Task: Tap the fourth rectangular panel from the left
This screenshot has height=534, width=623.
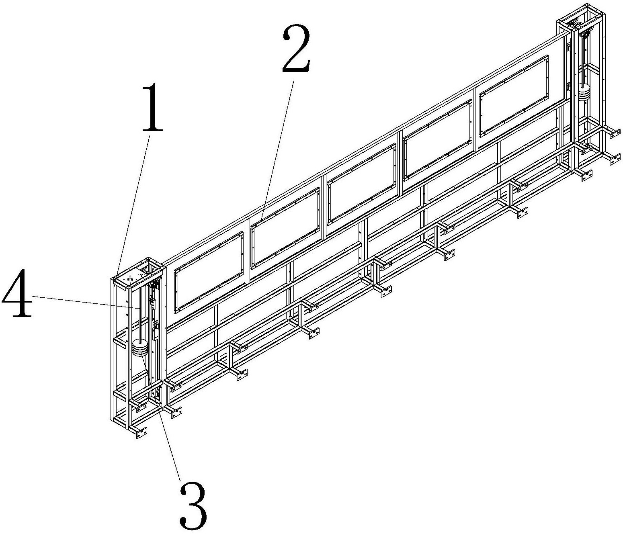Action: coord(437,140)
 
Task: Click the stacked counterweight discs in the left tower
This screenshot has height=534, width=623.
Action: coord(139,348)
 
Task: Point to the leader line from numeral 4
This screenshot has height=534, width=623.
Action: coord(86,303)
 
